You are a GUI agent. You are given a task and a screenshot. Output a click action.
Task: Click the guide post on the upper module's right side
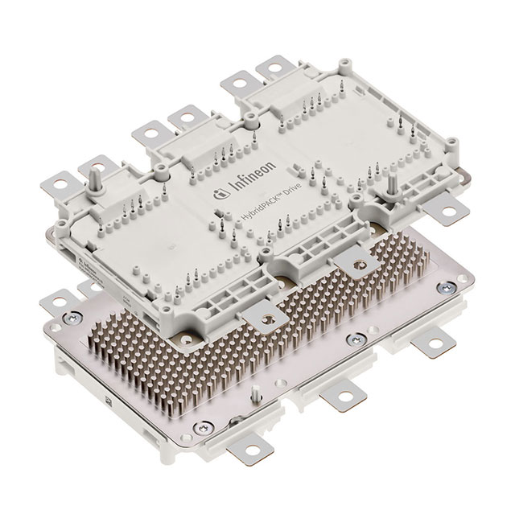pyautogui.click(x=392, y=183)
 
